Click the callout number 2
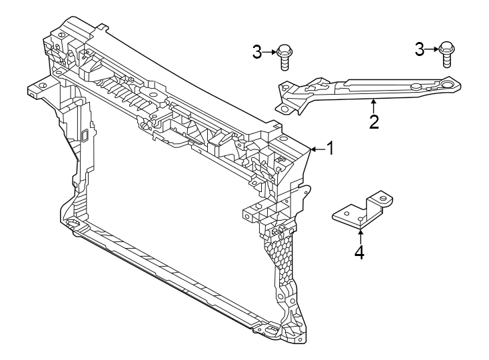(x=374, y=121)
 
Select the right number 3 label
(x=420, y=49)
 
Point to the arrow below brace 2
(x=374, y=105)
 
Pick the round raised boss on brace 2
(x=414, y=86)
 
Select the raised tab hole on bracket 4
(x=382, y=197)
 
